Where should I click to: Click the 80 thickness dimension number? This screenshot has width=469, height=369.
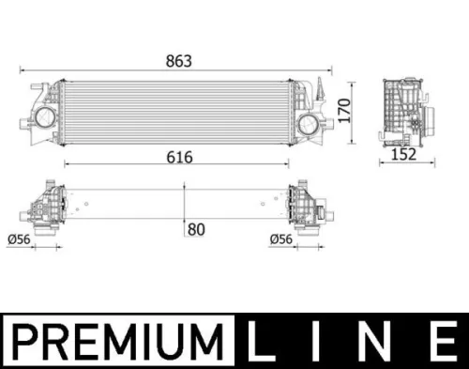(196, 228)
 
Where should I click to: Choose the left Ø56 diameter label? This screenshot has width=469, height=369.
(18, 240)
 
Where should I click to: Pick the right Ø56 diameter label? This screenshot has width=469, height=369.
(281, 240)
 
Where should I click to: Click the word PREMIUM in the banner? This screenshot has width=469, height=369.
(119, 338)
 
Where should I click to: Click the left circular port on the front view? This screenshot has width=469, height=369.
(44, 119)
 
